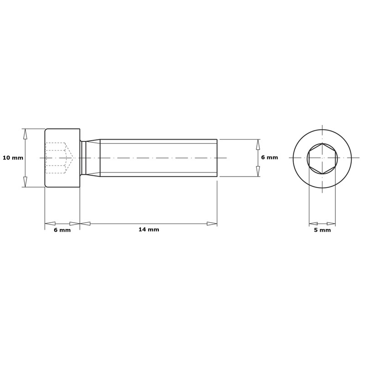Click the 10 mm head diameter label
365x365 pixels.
[x=13, y=158]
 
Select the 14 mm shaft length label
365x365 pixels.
[x=149, y=229]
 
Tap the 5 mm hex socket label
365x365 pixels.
[x=322, y=230]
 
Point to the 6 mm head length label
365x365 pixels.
[x=62, y=230]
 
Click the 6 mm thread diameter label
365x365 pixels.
[x=269, y=157]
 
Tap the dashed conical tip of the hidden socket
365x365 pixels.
[x=70, y=158]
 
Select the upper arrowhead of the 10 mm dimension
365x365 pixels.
[x=25, y=134]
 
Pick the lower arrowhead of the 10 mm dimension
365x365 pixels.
[x=25, y=181]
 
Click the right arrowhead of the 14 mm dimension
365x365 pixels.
[x=212, y=224]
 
